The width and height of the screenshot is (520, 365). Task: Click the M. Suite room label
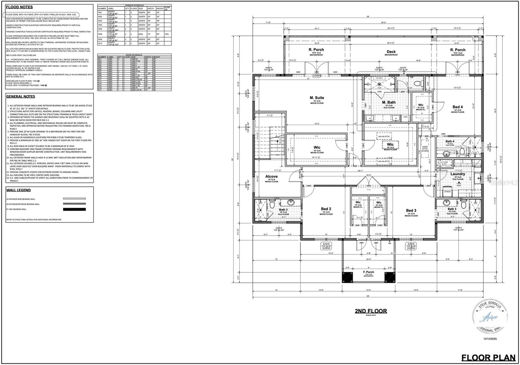317,98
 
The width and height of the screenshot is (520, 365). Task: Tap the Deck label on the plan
391,52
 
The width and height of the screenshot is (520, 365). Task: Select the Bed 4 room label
458,107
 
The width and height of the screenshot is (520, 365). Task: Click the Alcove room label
271,176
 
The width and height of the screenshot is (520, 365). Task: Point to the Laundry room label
458,174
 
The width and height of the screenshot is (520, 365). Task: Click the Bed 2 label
326,209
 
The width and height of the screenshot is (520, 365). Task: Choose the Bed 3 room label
411,210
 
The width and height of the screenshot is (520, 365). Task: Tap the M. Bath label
389,102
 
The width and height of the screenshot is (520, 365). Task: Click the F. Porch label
369,272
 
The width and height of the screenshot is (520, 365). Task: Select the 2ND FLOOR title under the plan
370,311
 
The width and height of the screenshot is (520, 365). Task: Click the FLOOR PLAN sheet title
488,358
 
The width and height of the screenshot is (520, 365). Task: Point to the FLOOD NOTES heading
19,7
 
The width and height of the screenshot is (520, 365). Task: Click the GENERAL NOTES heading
20,96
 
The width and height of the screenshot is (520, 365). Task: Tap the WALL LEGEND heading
19,190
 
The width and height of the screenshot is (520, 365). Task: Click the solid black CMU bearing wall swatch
74,209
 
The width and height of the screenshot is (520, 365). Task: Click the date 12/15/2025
490,339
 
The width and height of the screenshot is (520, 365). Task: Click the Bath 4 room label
450,141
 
